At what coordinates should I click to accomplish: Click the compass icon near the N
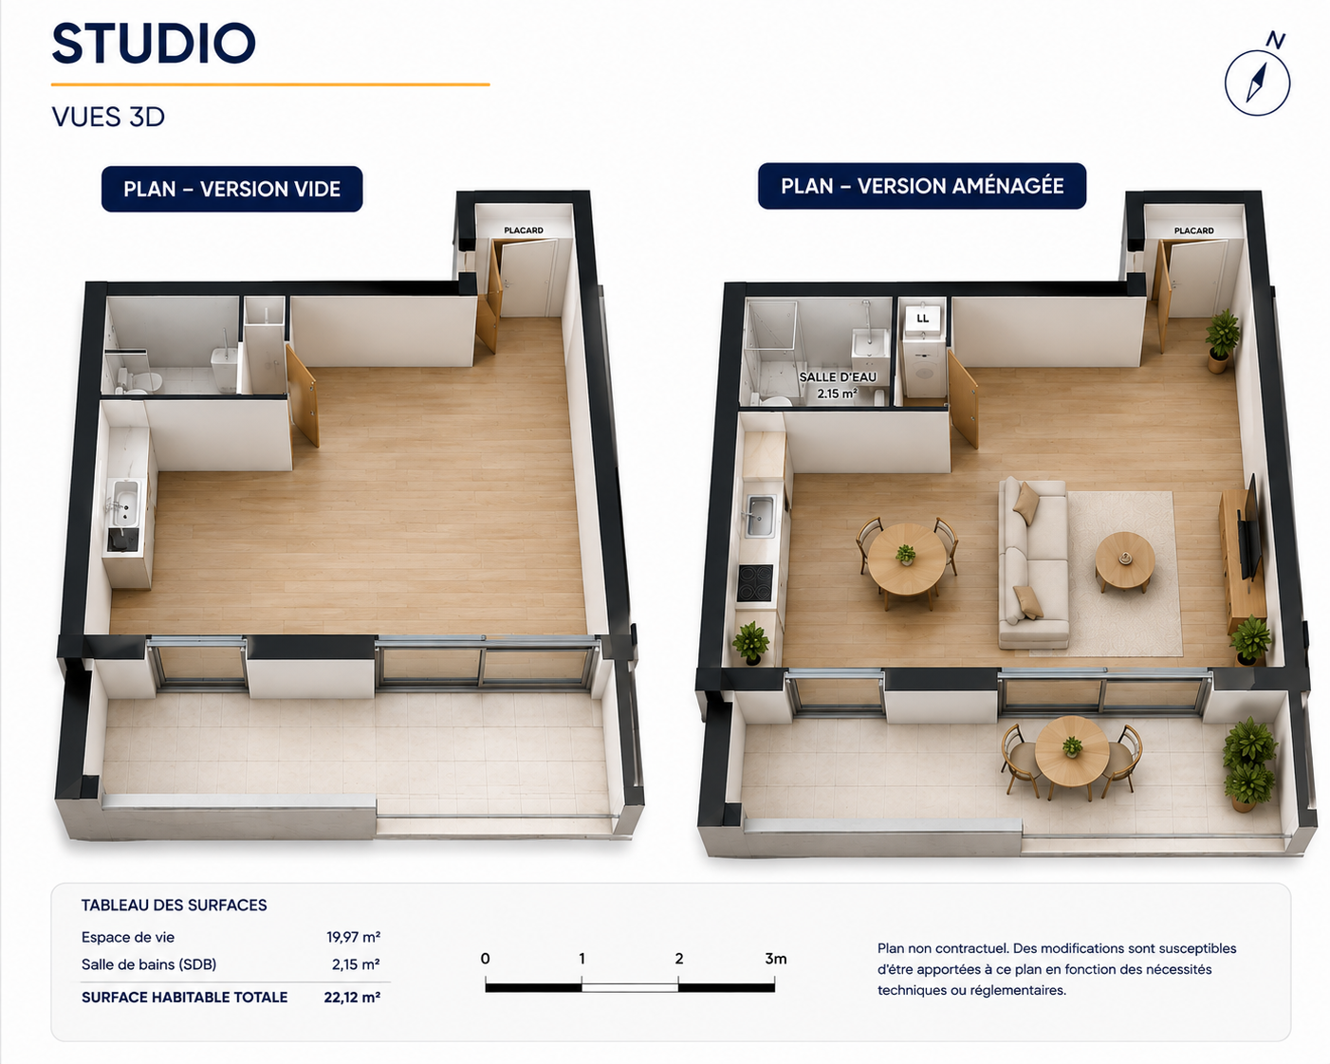(x=1257, y=83)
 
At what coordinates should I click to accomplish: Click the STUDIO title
(x=154, y=44)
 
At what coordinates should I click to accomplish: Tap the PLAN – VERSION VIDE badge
(x=231, y=189)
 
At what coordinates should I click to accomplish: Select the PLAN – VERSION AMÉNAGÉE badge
(x=921, y=185)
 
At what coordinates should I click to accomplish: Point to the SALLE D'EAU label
(x=838, y=376)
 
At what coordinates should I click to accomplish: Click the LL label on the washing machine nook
(x=922, y=319)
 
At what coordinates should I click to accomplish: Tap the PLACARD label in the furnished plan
(x=1193, y=230)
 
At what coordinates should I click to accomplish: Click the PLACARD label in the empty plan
(x=524, y=229)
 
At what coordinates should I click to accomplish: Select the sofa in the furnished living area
(x=1033, y=562)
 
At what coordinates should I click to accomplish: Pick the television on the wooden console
(x=1251, y=527)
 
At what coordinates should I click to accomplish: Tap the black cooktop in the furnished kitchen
(x=754, y=582)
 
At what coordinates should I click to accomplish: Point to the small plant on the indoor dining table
(x=905, y=554)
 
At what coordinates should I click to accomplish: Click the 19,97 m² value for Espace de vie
(x=354, y=937)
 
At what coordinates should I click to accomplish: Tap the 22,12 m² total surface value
(x=352, y=997)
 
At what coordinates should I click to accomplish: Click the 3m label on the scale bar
(x=776, y=959)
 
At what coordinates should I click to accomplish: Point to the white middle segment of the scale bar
(x=630, y=987)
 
